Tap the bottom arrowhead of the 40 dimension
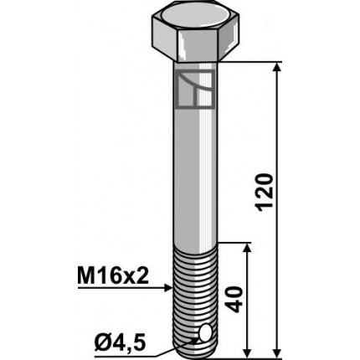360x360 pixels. [247, 351]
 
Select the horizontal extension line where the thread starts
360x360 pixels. [234, 244]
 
